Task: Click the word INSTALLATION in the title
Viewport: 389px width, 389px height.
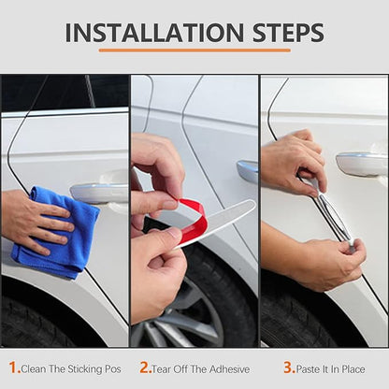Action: tap(154, 33)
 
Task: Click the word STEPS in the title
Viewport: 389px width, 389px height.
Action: tap(288, 33)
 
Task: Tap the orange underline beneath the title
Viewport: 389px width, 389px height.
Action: tap(194, 50)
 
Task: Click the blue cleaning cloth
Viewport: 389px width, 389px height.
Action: tap(56, 232)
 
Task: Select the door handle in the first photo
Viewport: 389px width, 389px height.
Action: tap(99, 194)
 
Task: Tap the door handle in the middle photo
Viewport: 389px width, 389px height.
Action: tap(247, 171)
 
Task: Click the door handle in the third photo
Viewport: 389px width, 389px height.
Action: tap(362, 164)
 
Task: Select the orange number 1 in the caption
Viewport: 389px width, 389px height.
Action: tap(14, 367)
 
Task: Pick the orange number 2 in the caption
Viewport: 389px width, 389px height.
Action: tap(146, 367)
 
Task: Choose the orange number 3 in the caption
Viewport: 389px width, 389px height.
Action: tap(289, 367)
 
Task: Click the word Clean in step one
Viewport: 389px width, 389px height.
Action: tap(34, 369)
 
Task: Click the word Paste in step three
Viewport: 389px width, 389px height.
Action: tap(309, 369)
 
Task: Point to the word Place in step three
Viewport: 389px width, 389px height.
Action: tap(353, 369)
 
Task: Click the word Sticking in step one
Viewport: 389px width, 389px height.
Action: tap(85, 369)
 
